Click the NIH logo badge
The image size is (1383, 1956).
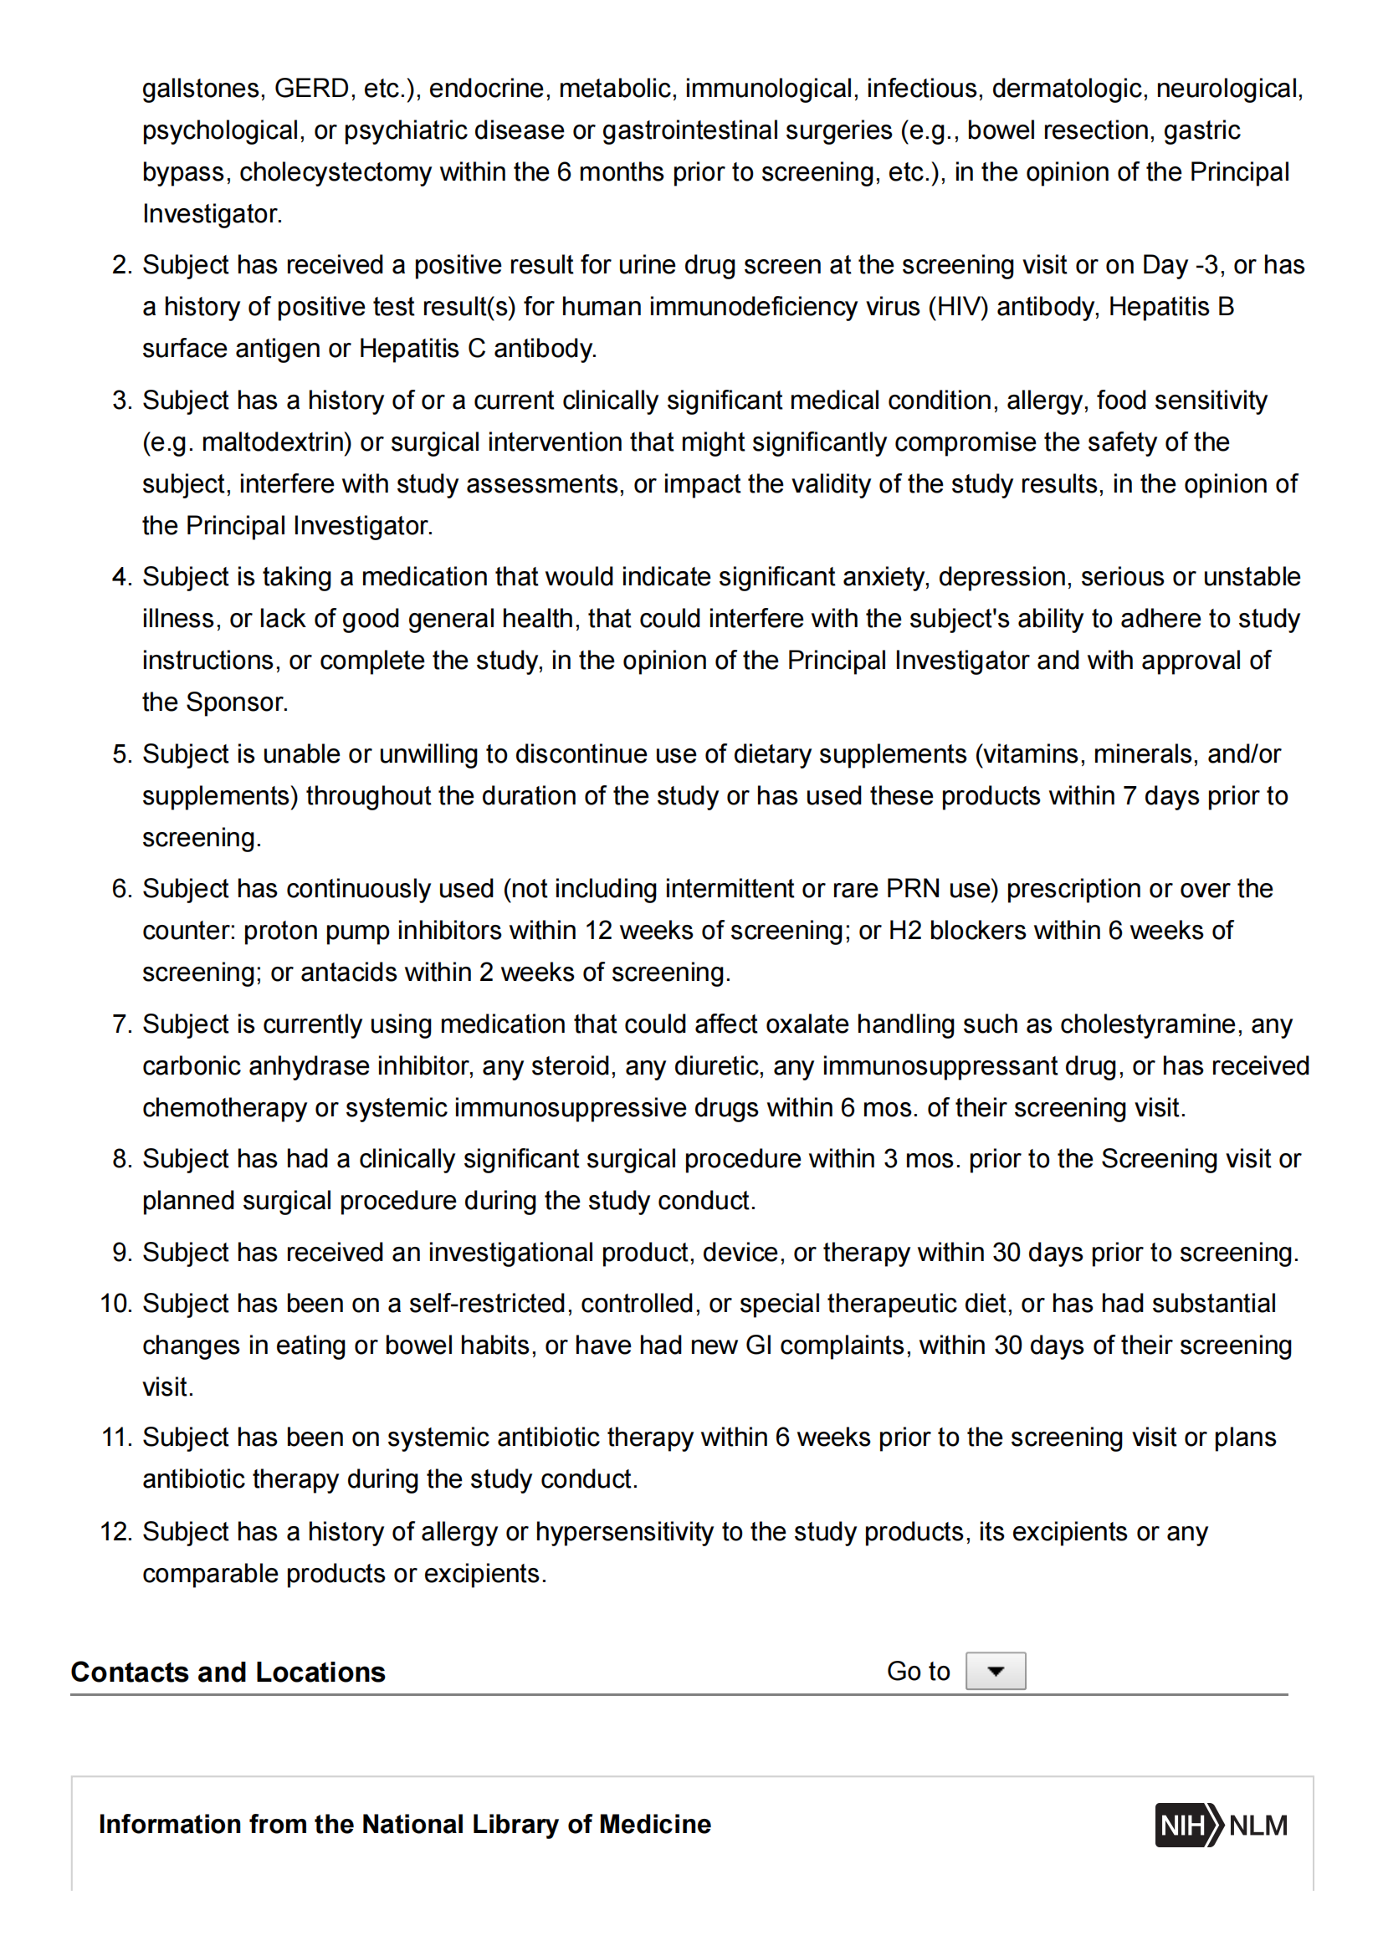1187,1825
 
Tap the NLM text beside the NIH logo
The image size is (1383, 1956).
1258,1825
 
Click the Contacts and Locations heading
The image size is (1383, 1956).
228,1672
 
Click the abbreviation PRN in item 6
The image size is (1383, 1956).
914,889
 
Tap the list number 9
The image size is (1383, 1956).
122,1253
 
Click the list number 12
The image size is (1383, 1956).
116,1532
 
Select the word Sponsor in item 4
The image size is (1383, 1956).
236,702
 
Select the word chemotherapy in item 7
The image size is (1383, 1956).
224,1107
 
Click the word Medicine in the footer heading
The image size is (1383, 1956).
655,1825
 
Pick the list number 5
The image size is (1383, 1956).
122,754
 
